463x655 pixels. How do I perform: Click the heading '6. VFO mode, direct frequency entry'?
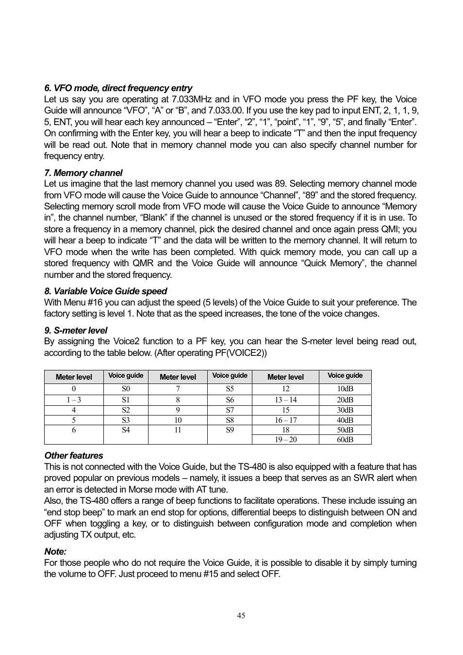(118, 88)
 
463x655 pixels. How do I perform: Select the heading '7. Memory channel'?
(83, 173)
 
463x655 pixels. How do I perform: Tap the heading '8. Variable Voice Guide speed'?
(105, 291)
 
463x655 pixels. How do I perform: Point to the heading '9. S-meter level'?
(76, 331)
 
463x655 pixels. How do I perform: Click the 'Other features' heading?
(74, 456)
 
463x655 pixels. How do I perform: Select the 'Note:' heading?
(55, 552)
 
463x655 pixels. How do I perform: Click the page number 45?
(241, 616)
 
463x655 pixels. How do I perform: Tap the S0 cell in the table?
(126, 389)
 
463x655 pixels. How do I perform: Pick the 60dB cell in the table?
(345, 440)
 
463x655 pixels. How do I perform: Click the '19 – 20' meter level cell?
(285, 440)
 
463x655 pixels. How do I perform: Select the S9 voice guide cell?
(230, 430)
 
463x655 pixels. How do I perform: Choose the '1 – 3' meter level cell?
(74, 400)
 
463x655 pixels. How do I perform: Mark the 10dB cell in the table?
(345, 389)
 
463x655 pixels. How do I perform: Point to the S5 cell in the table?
(230, 389)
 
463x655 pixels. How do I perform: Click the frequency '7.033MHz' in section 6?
(192, 99)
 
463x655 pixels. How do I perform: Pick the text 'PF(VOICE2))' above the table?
(241, 353)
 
